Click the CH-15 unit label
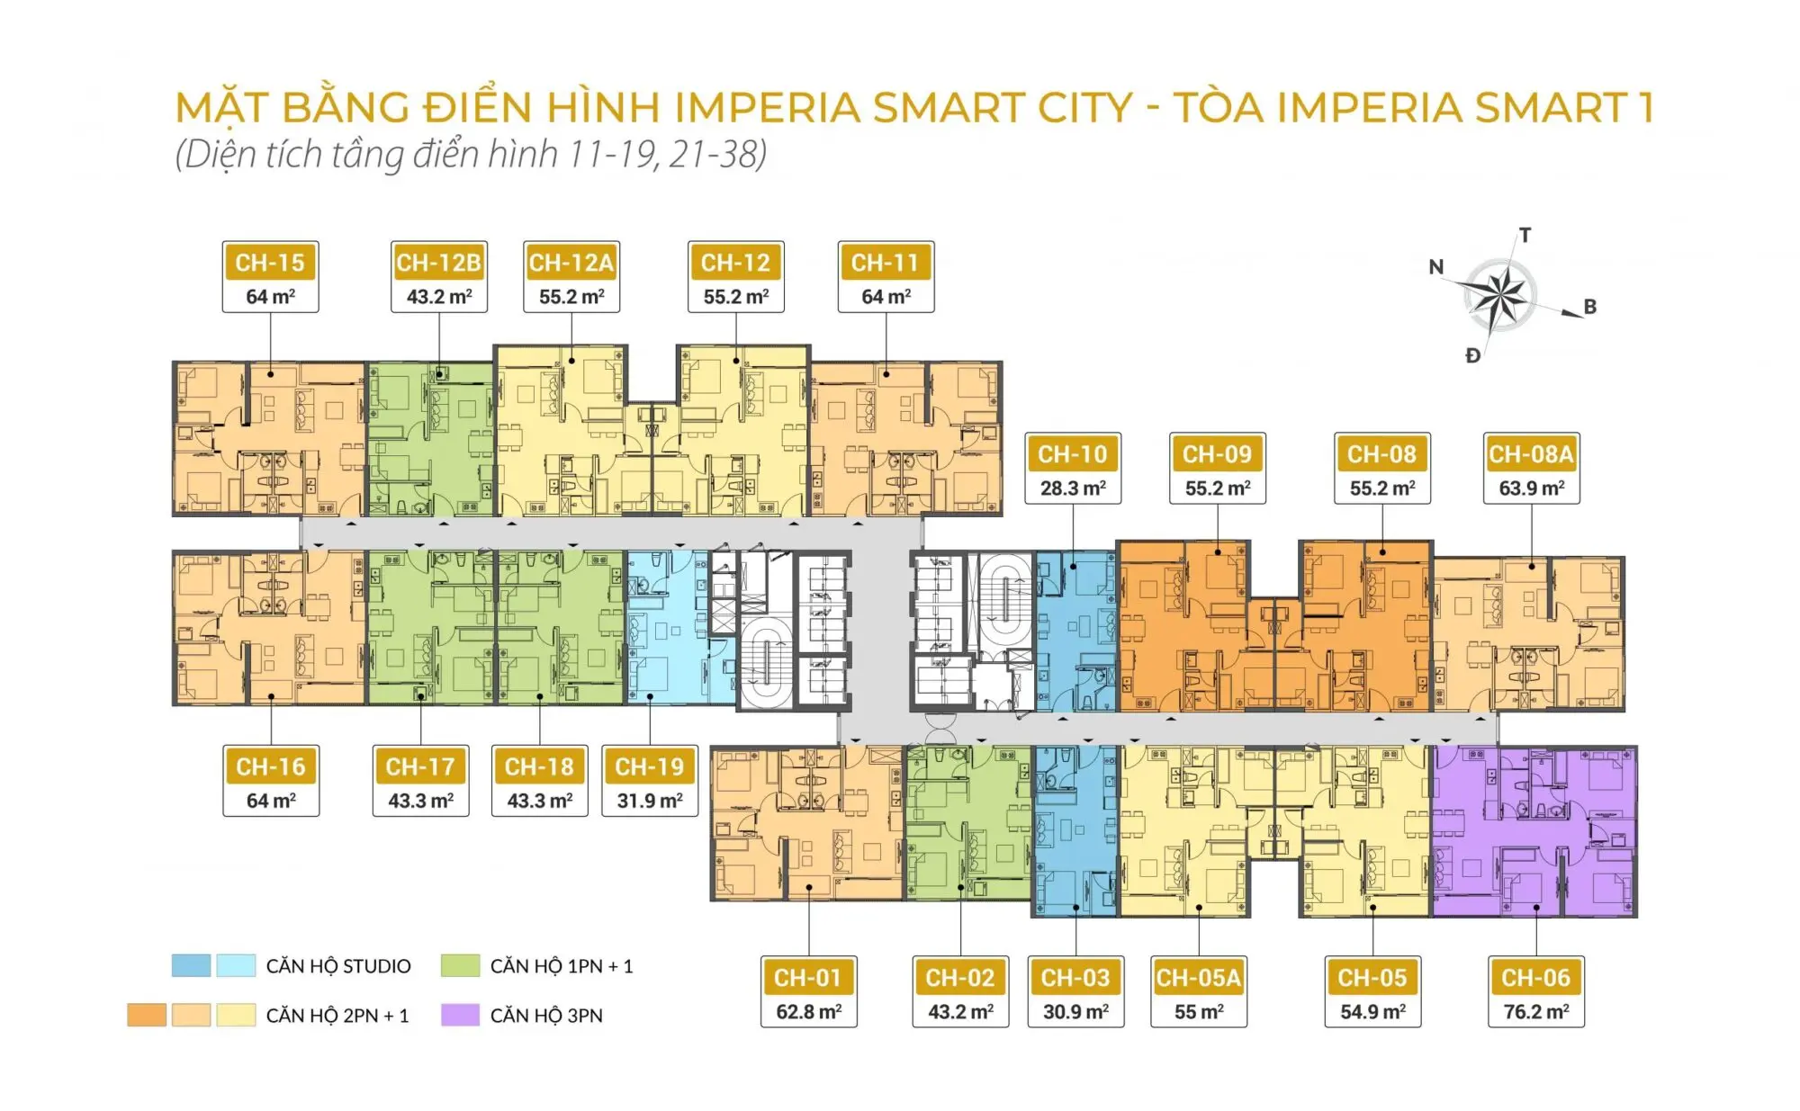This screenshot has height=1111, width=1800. [x=270, y=263]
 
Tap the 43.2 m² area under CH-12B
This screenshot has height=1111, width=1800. [x=439, y=296]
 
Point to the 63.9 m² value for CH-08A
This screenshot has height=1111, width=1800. [x=1532, y=488]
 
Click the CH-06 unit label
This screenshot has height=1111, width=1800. [x=1535, y=978]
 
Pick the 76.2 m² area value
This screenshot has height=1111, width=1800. [x=1536, y=1011]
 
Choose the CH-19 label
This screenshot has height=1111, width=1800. [x=650, y=766]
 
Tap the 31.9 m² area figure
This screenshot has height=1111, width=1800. [x=650, y=800]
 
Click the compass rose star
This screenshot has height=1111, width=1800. [x=1498, y=294]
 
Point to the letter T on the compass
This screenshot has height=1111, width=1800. [x=1525, y=236]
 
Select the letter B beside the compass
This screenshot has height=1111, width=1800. [x=1590, y=307]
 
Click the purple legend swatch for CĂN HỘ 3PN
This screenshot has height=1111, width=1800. [x=460, y=1015]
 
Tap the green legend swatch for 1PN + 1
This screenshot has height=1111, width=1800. [x=460, y=965]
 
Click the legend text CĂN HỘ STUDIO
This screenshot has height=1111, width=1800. [x=338, y=966]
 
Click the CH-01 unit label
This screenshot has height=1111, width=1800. [x=808, y=978]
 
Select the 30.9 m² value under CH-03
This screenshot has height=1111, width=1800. [x=1076, y=1011]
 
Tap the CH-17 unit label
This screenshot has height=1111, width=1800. [x=420, y=766]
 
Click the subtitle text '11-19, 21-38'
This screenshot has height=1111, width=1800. [x=667, y=154]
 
